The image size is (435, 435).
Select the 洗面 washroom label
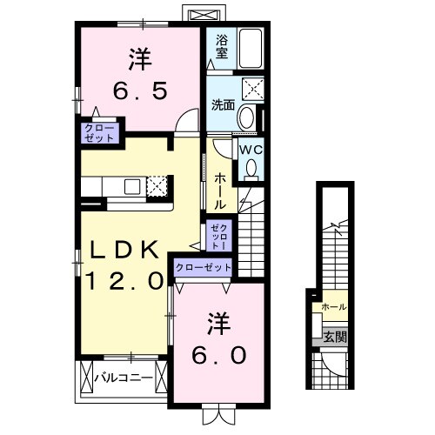coord(223,105)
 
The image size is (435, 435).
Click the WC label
coord(251,149)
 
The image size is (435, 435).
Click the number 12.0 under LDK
coord(124,280)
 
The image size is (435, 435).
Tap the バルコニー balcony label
coord(124,378)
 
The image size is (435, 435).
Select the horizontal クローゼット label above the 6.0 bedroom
coord(204,269)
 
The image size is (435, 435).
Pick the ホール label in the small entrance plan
coord(333,307)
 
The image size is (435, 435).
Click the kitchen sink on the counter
coord(132,186)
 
